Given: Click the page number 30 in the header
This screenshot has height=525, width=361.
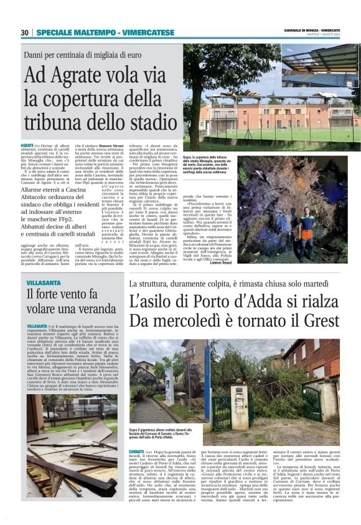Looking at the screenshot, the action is tap(24, 32).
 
